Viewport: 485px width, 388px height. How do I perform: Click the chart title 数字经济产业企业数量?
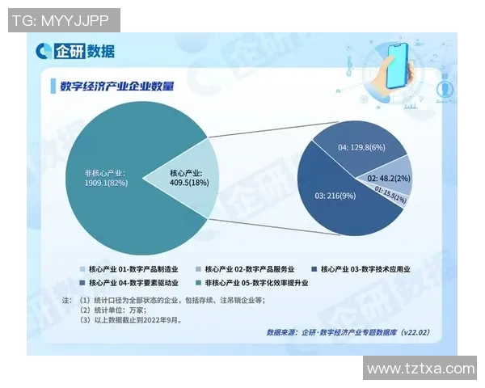[121, 86]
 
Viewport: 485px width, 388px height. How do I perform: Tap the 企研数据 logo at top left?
[75, 51]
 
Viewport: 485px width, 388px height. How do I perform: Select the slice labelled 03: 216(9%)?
[331, 198]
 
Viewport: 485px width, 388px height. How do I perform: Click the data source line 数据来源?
[347, 332]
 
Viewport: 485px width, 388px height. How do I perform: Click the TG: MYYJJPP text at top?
[64, 20]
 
